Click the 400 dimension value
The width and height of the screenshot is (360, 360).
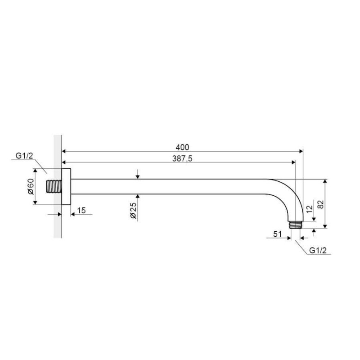(182, 147)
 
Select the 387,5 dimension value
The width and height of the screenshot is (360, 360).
(182, 159)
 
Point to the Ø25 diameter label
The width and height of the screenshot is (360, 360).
(133, 210)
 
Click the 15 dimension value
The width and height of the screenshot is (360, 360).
(81, 210)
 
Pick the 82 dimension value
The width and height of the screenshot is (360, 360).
(320, 204)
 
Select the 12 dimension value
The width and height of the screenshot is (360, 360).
(310, 209)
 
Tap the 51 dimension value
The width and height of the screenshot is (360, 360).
(277, 234)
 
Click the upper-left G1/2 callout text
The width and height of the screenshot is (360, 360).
(24, 156)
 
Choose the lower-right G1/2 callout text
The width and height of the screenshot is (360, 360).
(318, 250)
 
